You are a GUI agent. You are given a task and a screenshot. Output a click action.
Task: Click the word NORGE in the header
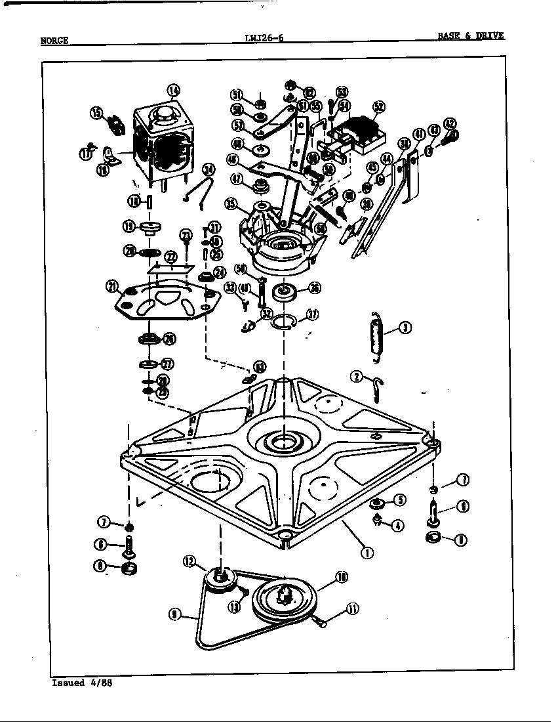pos(54,40)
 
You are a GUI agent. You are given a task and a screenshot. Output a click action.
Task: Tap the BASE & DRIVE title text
pos(471,35)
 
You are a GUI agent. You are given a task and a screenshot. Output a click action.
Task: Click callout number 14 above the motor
pos(172,91)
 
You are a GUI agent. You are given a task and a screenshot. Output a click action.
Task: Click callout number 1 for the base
pos(367,552)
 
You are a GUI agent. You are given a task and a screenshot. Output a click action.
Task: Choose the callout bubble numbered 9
pos(174,614)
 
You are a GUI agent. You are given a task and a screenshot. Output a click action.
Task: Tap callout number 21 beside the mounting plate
pos(112,286)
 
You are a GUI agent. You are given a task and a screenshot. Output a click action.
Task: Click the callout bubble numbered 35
pos(230,204)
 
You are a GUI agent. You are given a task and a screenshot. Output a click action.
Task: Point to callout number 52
pos(378,107)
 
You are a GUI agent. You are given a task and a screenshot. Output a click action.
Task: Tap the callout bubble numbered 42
pos(449,123)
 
